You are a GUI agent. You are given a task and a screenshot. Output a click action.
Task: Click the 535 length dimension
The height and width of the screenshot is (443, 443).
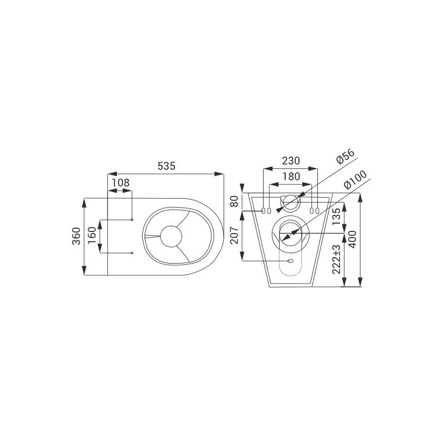167,166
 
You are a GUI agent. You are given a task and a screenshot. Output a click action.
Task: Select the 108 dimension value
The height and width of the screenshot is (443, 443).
121,183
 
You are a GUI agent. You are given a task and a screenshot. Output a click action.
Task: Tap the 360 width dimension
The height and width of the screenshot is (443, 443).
76,236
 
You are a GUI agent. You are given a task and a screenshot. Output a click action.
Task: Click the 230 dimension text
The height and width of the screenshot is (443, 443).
291,161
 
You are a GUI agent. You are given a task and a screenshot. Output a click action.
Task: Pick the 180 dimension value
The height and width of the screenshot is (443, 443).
291,177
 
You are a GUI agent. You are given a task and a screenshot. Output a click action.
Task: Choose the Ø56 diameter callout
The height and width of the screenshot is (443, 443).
345,157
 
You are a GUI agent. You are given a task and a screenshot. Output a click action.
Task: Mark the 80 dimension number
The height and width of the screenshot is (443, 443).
234,202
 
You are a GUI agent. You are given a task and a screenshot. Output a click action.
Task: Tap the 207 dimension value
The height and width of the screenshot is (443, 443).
234,235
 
